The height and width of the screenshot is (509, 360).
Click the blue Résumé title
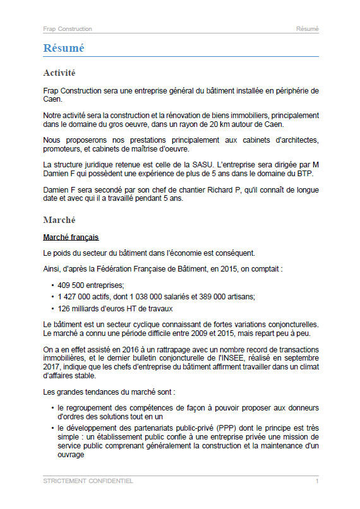click(x=64, y=49)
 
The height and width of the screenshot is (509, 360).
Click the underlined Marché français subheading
click(x=71, y=237)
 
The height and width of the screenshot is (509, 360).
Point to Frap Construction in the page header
click(x=68, y=29)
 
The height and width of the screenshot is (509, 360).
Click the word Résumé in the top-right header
click(x=308, y=29)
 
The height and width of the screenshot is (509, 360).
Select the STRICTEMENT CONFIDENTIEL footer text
click(x=88, y=481)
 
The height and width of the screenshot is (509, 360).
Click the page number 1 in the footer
click(x=316, y=481)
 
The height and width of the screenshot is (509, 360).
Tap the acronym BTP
click(x=304, y=174)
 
